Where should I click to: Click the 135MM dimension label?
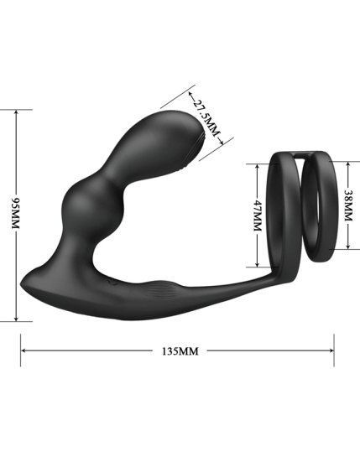180,351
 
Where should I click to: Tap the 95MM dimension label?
15,213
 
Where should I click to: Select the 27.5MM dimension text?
206,117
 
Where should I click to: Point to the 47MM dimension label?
258,215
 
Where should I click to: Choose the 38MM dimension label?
348,205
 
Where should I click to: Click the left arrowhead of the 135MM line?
23,350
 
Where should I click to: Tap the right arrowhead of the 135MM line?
331,350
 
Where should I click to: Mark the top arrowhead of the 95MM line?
17,113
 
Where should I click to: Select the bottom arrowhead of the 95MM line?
17,318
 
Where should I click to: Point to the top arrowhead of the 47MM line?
258,167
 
